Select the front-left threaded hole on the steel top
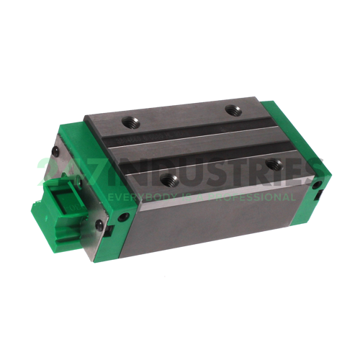point(168,176)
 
